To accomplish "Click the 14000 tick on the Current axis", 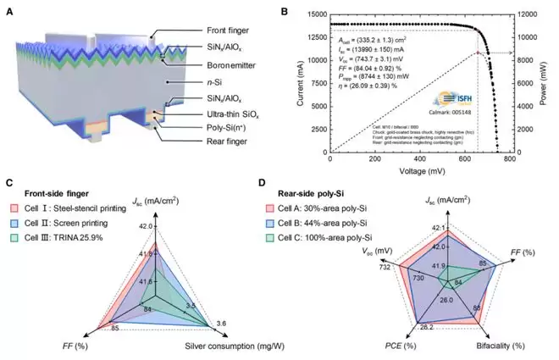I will click(x=313, y=15).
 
